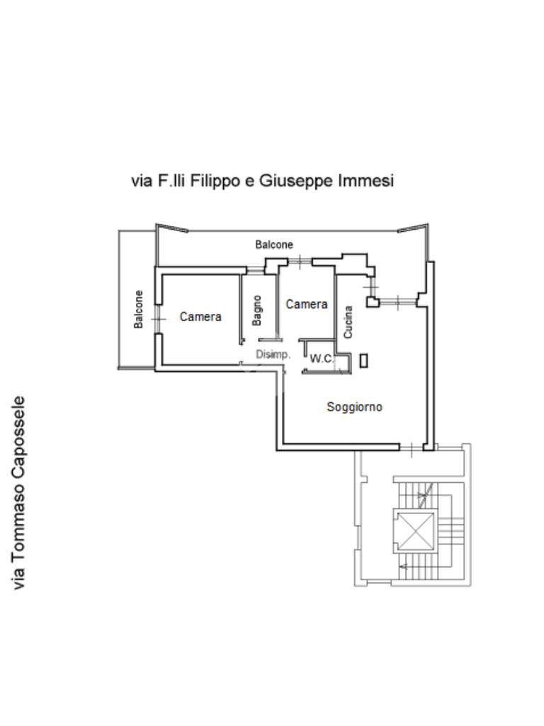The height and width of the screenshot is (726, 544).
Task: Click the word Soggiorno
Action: coord(354,407)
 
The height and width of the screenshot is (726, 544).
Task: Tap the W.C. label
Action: coord(321,359)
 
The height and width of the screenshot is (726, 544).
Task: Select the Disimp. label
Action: coord(273,354)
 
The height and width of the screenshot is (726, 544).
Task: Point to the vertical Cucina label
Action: coord(348,321)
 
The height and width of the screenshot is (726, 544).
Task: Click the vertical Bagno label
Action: coord(257,311)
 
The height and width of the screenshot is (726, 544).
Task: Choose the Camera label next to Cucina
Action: coord(306,304)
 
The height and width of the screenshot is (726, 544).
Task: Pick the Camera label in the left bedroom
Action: coord(200,317)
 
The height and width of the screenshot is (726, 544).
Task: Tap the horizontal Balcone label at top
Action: coord(274,245)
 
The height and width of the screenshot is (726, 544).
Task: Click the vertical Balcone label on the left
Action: coord(139,309)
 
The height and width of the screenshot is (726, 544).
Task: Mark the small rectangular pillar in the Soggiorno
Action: coord(364,360)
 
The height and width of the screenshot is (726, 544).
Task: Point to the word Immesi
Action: coord(365,181)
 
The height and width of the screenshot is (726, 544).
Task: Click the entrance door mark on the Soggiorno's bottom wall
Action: coord(412,447)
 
